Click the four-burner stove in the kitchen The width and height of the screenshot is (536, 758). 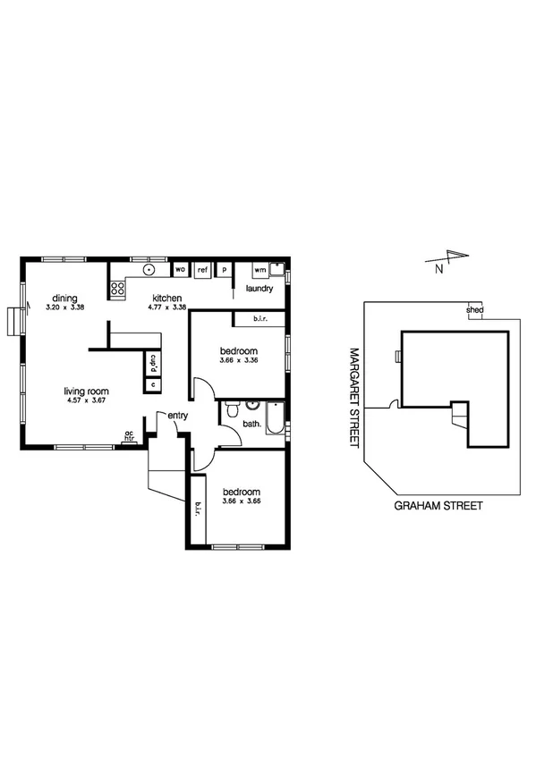click(116, 288)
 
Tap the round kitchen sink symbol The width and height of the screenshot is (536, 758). click(149, 268)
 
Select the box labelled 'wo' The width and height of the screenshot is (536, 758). click(180, 268)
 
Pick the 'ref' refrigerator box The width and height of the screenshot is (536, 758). click(202, 268)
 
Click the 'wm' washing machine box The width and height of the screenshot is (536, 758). click(259, 268)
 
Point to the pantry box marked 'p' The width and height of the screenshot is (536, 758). click(224, 268)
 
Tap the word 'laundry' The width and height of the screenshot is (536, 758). click(259, 289)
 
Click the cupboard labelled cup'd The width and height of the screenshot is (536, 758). click(153, 364)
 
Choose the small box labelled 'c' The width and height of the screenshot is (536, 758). click(153, 384)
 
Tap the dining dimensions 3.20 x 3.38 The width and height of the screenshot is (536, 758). click(64, 307)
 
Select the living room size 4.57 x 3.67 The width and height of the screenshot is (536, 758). click(86, 401)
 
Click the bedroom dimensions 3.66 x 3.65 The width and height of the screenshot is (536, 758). click(241, 502)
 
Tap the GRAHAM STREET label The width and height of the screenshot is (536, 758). click(438, 505)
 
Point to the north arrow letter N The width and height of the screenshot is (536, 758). click(438, 267)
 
